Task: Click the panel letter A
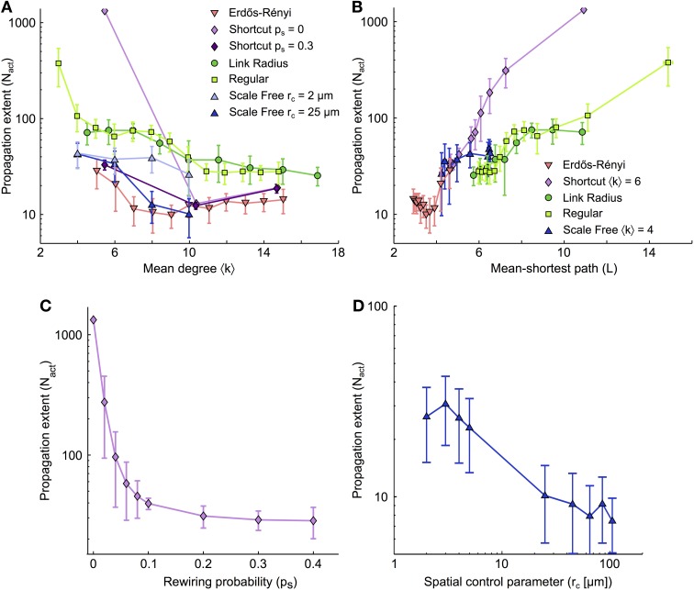click(x=7, y=8)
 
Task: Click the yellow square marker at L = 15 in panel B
click(x=668, y=62)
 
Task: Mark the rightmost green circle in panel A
click(x=318, y=175)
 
